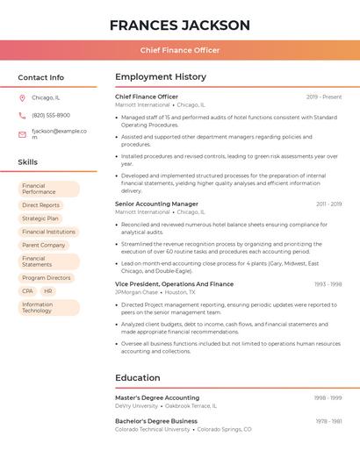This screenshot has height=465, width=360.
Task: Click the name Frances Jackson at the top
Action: pyautogui.click(x=180, y=25)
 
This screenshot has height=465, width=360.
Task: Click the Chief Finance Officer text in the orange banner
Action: pyautogui.click(x=180, y=50)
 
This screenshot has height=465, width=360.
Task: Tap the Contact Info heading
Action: pyautogui.click(x=40, y=77)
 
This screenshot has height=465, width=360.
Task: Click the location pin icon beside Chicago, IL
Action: pyautogui.click(x=22, y=97)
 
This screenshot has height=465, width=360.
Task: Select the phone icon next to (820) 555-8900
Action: pyautogui.click(x=22, y=115)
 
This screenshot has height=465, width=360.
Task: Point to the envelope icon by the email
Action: pyautogui.click(x=22, y=134)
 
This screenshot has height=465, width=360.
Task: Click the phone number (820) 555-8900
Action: pyautogui.click(x=51, y=115)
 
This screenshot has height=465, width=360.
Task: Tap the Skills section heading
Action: pyautogui.click(x=27, y=162)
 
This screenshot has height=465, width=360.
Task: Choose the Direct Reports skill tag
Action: pyautogui.click(x=40, y=205)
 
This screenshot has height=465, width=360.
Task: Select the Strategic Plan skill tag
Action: pyautogui.click(x=40, y=218)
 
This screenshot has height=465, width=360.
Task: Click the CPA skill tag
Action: pyautogui.click(x=27, y=291)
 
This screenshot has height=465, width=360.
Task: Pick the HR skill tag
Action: pyautogui.click(x=48, y=291)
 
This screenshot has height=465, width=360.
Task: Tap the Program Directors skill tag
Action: pyautogui.click(x=47, y=278)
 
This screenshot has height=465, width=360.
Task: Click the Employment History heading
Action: pyautogui.click(x=161, y=77)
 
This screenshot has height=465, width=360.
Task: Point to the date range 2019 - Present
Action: pyautogui.click(x=324, y=97)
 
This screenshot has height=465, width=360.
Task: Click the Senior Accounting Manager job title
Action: pyautogui.click(x=156, y=204)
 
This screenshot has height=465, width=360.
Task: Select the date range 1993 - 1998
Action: pyautogui.click(x=328, y=284)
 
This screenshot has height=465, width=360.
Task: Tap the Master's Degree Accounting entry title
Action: pyautogui.click(x=157, y=397)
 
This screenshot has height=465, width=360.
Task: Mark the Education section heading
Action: pyautogui.click(x=138, y=378)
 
